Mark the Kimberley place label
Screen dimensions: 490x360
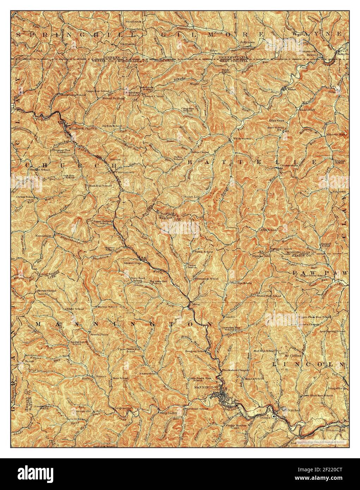306,110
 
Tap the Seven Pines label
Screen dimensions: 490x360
99,334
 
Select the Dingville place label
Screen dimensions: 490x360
335,388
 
